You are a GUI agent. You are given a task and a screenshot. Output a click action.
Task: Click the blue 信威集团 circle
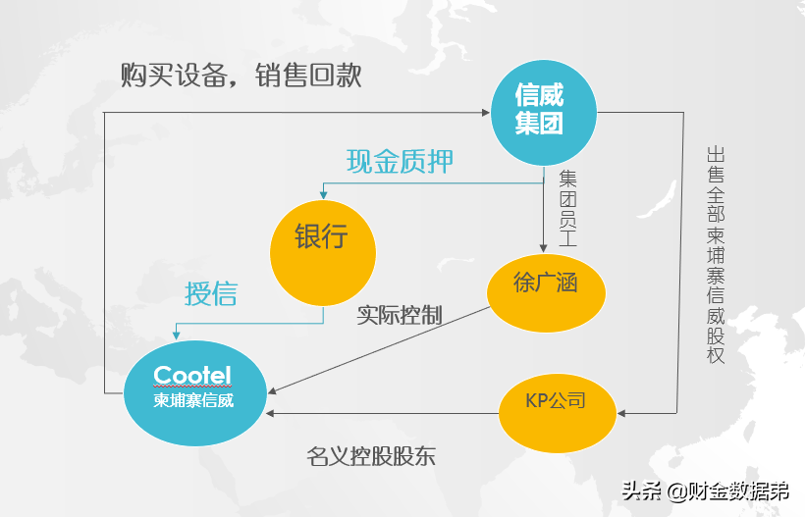point(543,110)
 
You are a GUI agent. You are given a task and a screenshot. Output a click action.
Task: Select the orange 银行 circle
point(323,237)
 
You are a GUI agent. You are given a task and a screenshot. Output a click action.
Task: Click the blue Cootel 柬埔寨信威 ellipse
point(194,389)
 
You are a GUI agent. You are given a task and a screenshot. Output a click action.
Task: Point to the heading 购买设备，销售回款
point(241,76)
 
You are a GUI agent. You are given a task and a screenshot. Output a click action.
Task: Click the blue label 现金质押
point(400,160)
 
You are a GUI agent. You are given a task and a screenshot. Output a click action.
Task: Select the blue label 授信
point(211,293)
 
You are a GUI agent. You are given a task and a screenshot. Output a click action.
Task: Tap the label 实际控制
point(399,315)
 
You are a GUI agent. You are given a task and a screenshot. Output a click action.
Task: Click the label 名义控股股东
point(370,456)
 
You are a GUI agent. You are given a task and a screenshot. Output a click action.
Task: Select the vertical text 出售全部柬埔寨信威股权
point(715,255)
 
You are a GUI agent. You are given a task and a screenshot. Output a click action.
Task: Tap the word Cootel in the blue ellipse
point(192,375)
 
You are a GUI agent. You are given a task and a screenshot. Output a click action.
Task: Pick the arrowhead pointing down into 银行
point(322,195)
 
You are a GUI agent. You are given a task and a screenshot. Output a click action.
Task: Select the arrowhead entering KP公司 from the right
point(621,414)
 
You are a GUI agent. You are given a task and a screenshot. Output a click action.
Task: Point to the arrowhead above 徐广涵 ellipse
point(543,249)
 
